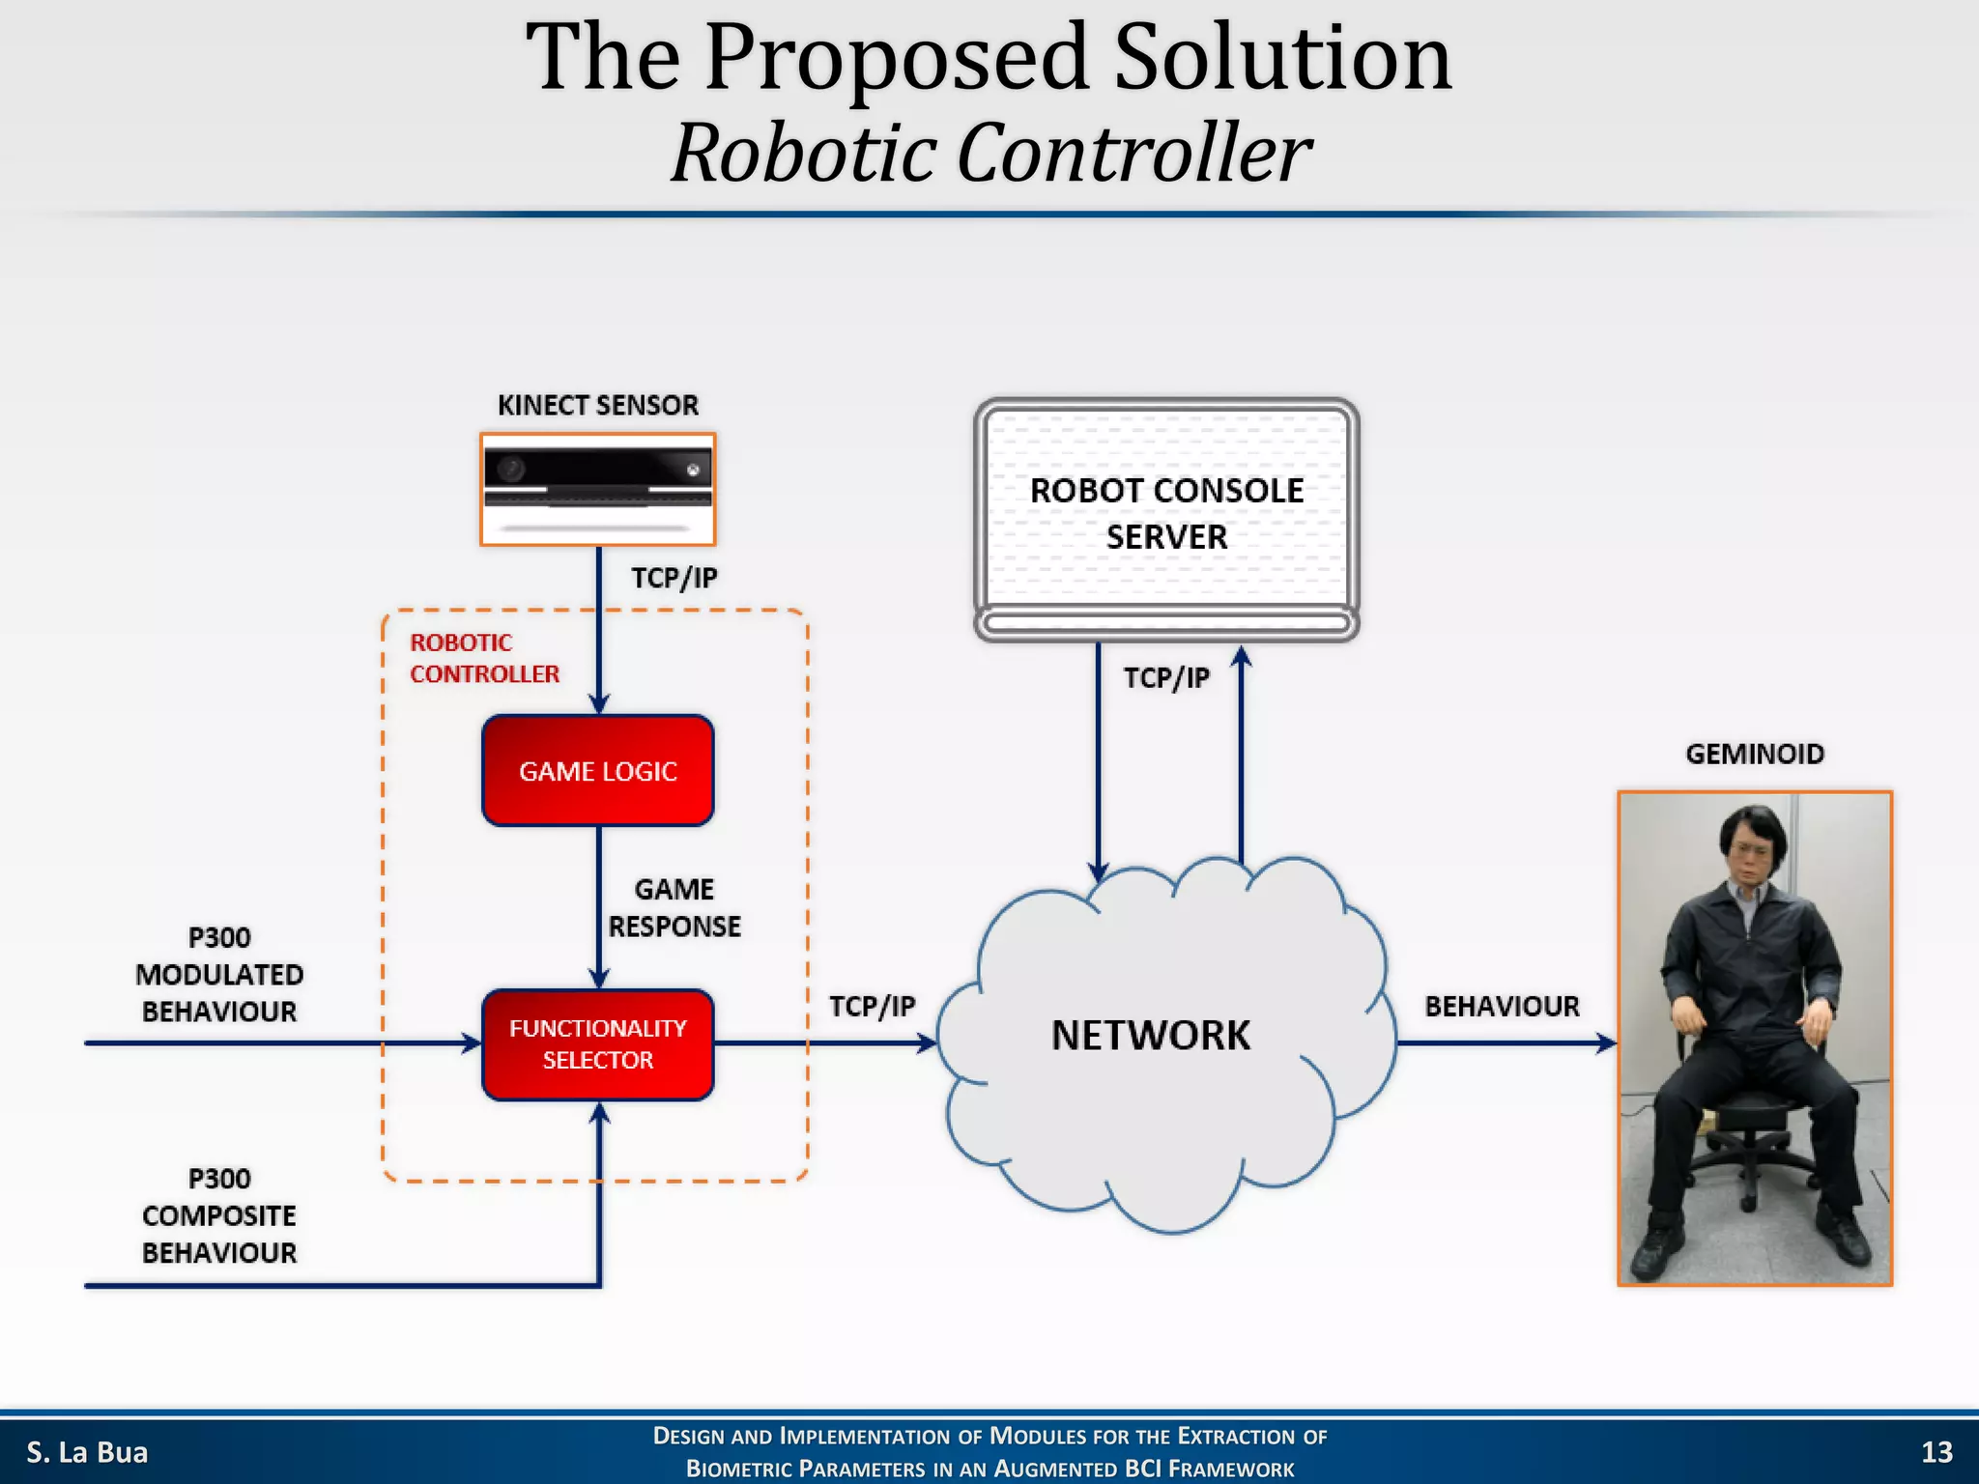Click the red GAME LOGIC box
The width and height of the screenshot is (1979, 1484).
(x=597, y=771)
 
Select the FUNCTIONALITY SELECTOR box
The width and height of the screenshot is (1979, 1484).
(x=597, y=1044)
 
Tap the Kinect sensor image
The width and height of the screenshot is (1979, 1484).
(x=597, y=489)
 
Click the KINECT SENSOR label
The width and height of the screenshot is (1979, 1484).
(x=597, y=405)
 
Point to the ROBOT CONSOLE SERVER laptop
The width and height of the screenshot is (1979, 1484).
(x=1166, y=517)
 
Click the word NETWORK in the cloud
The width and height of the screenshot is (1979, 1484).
(x=1150, y=1036)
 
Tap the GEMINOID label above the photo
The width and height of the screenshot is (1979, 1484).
(x=1754, y=754)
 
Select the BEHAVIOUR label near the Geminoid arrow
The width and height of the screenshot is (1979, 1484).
(x=1501, y=1007)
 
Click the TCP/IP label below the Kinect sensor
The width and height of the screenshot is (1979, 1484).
(x=674, y=578)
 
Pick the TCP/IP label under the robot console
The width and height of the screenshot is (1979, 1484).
(x=1165, y=677)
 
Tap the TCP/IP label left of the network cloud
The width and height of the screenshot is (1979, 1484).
(x=872, y=1007)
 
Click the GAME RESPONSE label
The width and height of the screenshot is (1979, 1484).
(x=674, y=907)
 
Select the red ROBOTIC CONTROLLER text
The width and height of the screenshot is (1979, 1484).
(x=483, y=658)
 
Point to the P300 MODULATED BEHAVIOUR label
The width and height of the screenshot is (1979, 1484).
(x=219, y=974)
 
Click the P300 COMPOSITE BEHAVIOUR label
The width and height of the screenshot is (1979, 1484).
(x=219, y=1215)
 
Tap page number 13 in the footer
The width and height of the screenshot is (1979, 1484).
(x=1936, y=1452)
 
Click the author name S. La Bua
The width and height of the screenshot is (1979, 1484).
(x=87, y=1452)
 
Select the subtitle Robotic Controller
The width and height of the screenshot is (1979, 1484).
(x=990, y=153)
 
